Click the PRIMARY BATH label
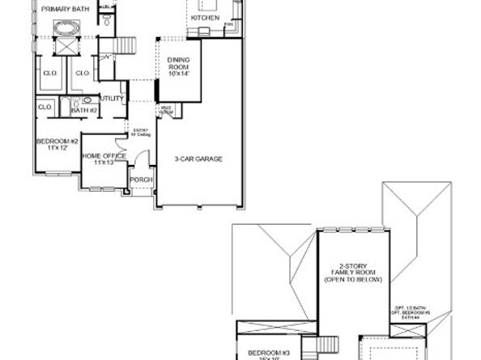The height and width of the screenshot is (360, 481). pyautogui.click(x=66, y=10)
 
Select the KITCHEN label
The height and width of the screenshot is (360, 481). pyautogui.click(x=205, y=17)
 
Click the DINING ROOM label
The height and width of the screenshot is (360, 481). pyautogui.click(x=179, y=65)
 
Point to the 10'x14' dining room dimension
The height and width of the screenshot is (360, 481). pyautogui.click(x=179, y=74)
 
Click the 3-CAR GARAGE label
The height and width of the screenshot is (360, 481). pyautogui.click(x=198, y=159)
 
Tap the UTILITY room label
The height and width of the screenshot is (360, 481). pyautogui.click(x=112, y=99)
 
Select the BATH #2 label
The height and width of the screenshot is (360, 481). pyautogui.click(x=84, y=110)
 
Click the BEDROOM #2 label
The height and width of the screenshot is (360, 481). pyautogui.click(x=57, y=142)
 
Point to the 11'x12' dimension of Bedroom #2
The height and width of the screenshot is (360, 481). pyautogui.click(x=57, y=149)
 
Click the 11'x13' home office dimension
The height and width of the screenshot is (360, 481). pyautogui.click(x=104, y=163)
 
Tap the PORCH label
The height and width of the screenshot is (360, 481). pyautogui.click(x=142, y=180)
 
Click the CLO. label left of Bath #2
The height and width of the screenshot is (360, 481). pyautogui.click(x=45, y=106)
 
